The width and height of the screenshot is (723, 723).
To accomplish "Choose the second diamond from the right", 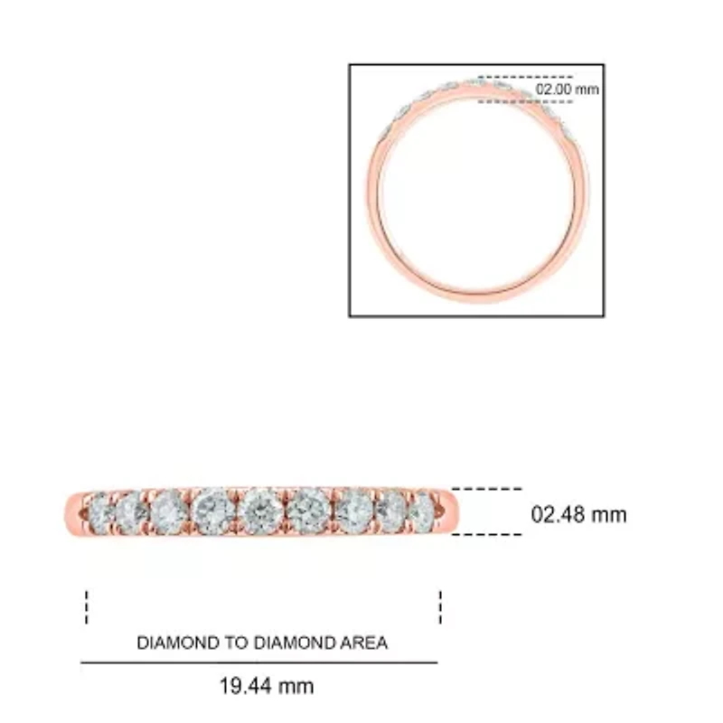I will pyautogui.click(x=391, y=512).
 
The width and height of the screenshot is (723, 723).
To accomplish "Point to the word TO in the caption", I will pyautogui.click(x=235, y=643).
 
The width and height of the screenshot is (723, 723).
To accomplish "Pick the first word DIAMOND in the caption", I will pyautogui.click(x=177, y=643).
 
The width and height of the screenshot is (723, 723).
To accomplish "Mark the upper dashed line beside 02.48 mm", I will pyautogui.click(x=486, y=490).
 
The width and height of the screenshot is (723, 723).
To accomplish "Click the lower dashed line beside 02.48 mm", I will pyautogui.click(x=486, y=534).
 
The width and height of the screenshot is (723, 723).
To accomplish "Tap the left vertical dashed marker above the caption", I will pyautogui.click(x=87, y=607).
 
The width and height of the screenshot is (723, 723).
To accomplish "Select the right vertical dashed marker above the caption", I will pyautogui.click(x=440, y=607).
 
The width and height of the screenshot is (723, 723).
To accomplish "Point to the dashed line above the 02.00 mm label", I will pyautogui.click(x=525, y=78).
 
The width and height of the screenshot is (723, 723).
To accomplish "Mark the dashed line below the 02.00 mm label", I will pyautogui.click(x=525, y=102).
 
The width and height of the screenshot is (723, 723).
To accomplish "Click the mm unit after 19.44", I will pyautogui.click(x=296, y=686).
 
